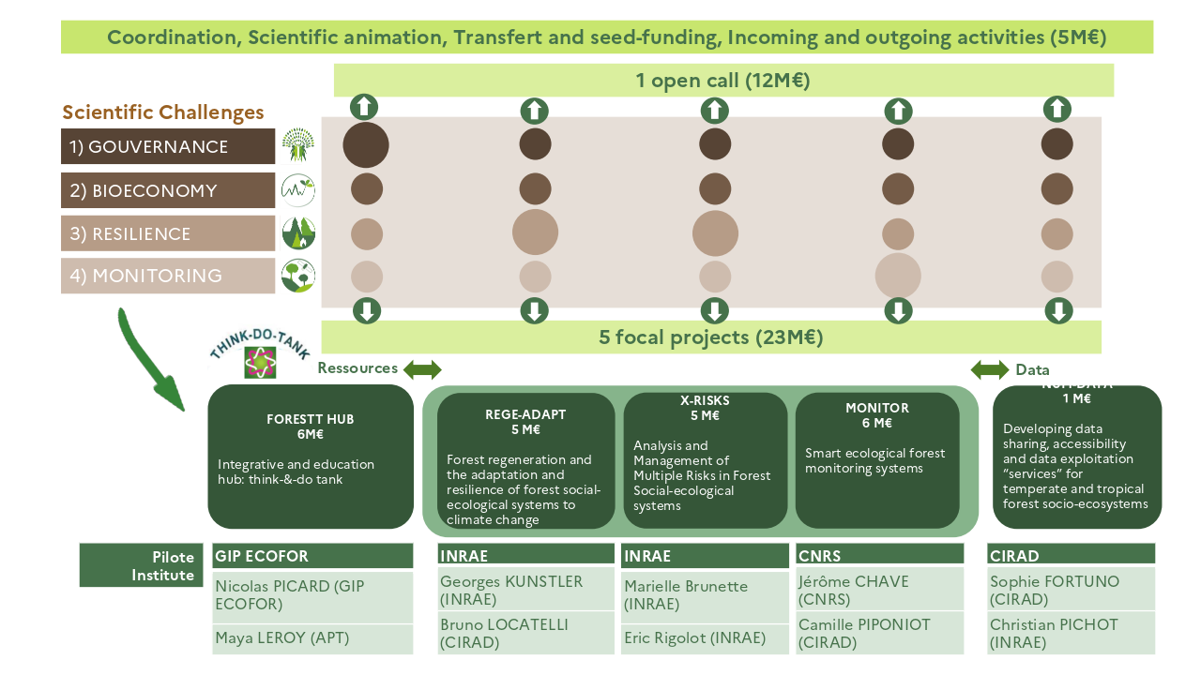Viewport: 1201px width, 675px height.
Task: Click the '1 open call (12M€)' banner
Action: [x=722, y=81]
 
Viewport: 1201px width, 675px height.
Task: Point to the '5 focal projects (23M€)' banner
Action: [x=710, y=337]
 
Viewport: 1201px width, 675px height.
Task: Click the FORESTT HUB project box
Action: [x=310, y=457]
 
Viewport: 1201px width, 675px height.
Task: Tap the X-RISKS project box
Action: [x=705, y=460]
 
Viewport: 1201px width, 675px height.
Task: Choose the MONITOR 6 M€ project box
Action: [x=876, y=460]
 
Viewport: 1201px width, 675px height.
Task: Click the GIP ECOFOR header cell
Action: [x=312, y=556]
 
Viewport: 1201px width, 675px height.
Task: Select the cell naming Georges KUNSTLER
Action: [x=525, y=591]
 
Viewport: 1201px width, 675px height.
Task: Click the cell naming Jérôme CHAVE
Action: [x=880, y=591]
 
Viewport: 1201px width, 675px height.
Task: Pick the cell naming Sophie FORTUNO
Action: [x=1071, y=591]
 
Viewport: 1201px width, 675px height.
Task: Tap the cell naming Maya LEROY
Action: [x=312, y=638]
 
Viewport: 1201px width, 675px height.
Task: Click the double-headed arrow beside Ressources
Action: [x=422, y=368]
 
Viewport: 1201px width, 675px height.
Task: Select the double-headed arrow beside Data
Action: [x=990, y=369]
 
